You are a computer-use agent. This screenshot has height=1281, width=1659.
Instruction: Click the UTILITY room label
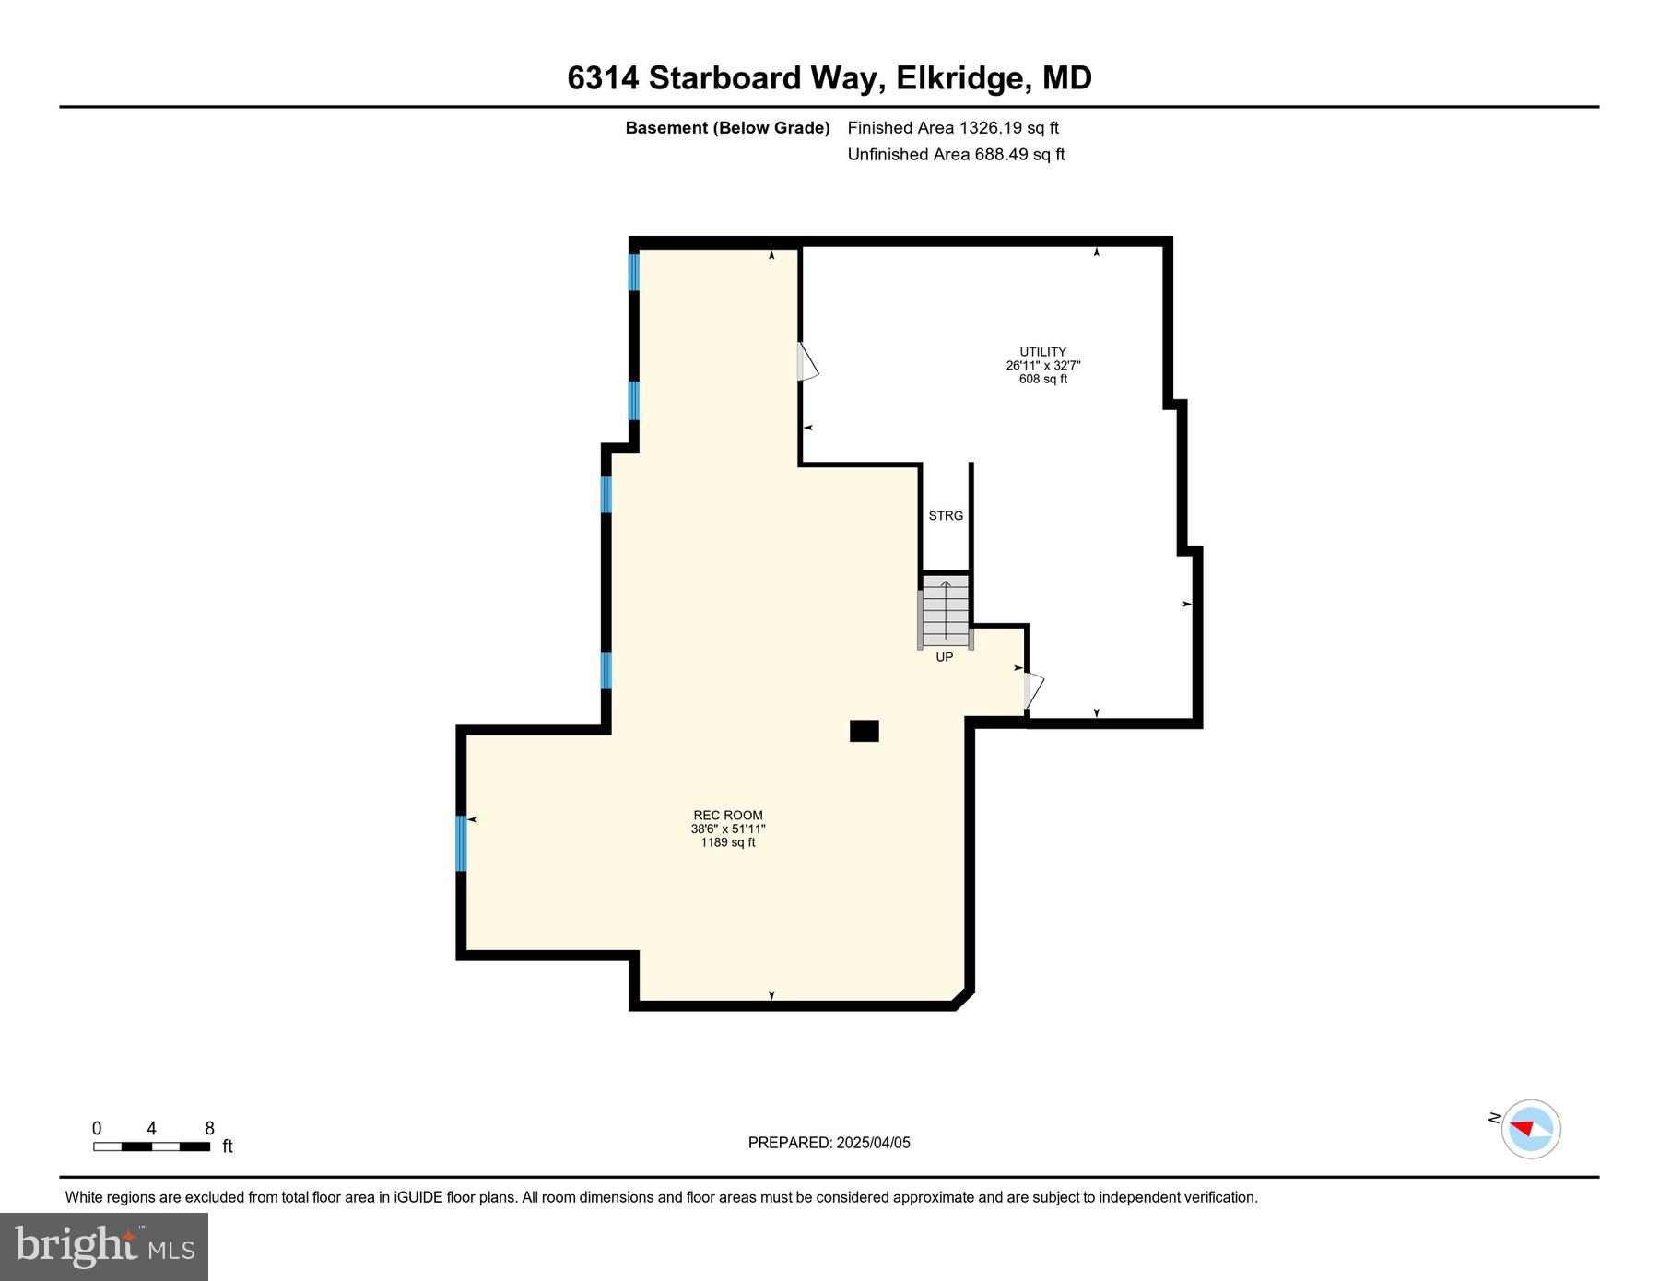[x=1042, y=352]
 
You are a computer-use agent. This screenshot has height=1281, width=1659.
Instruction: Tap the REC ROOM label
[x=728, y=815]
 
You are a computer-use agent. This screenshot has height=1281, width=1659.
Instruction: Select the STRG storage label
[x=946, y=516]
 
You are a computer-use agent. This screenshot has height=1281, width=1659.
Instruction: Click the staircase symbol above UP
[x=946, y=611]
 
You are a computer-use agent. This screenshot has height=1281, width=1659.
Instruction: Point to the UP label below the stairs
[x=945, y=657]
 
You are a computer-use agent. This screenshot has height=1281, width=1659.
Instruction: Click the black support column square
[x=864, y=731]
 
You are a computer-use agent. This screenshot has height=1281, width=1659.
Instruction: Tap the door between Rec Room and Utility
[x=806, y=362]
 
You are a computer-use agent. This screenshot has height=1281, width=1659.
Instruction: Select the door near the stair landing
[x=1033, y=690]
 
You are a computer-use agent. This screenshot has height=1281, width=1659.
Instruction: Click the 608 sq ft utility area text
[x=1042, y=379]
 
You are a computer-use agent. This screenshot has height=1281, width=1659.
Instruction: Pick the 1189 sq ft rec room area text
[x=728, y=842]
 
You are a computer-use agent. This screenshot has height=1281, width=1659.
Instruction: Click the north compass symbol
[x=1530, y=1128]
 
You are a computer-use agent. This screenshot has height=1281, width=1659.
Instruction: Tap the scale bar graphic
[x=152, y=1146]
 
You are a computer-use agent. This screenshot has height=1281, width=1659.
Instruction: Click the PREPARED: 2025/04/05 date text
[x=829, y=1143]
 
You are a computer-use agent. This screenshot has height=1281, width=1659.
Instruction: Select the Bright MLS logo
[x=104, y=1246]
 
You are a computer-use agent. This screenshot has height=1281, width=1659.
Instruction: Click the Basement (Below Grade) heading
[x=727, y=128]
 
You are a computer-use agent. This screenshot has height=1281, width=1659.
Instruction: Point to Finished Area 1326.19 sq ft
[x=953, y=128]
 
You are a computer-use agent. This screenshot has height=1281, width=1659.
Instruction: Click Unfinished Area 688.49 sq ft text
[x=956, y=155]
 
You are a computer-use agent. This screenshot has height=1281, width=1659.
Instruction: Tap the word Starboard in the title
[x=724, y=78]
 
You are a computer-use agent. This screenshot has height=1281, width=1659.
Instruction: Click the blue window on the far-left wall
[x=461, y=843]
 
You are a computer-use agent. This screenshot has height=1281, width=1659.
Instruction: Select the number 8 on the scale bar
[x=210, y=1129]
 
